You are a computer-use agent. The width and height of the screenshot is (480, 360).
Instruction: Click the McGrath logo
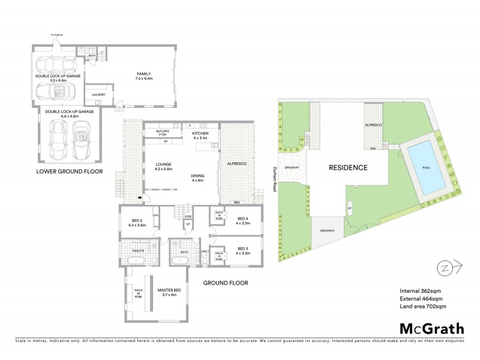pos(431,328)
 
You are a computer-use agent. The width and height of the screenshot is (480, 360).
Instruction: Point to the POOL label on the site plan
pos(427,169)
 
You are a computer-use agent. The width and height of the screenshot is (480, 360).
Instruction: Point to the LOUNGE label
pos(163,166)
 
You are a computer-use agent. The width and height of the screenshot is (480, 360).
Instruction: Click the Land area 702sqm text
pos(422,307)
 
